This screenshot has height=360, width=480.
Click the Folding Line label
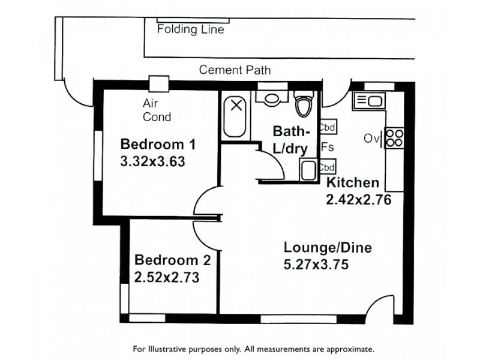[190, 29]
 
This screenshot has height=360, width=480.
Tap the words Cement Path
[235, 70]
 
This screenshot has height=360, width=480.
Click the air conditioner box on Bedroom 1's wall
[159, 84]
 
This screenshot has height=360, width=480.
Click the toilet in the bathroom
[304, 106]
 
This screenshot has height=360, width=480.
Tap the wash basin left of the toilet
[268, 98]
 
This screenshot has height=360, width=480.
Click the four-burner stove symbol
[394, 139]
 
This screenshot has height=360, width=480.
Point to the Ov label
[370, 139]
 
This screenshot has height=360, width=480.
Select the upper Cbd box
[328, 127]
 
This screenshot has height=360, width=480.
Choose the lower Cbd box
[327, 167]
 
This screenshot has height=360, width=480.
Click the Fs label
[327, 147]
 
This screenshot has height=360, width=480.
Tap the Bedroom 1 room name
[158, 145]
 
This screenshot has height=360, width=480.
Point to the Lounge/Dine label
[328, 247]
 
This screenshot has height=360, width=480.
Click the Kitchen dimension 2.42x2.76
[358, 200]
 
